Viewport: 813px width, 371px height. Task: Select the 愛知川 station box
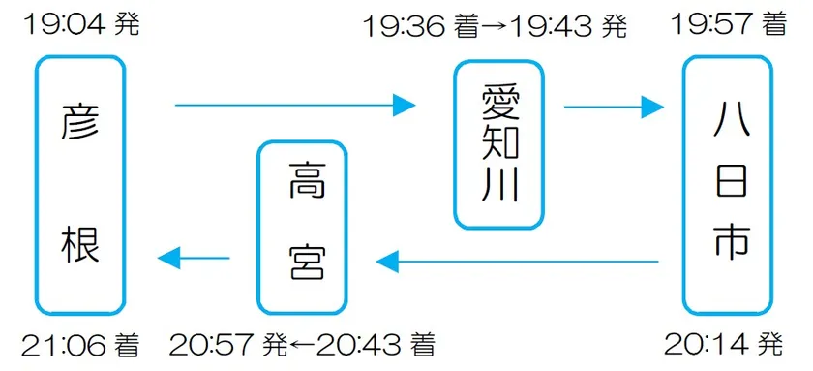pos(499,144)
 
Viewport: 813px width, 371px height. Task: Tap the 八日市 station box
pos(729,184)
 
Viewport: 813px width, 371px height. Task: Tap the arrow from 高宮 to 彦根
pos(194,258)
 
